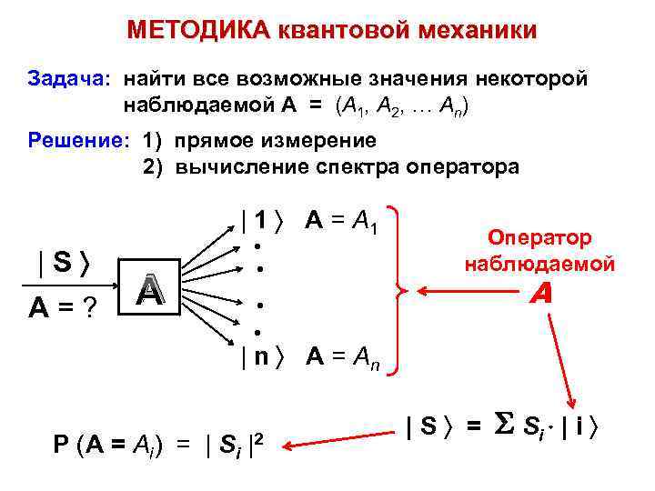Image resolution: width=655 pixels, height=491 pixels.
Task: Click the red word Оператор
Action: (539, 237)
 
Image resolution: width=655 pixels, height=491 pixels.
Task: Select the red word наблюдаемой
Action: (539, 264)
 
